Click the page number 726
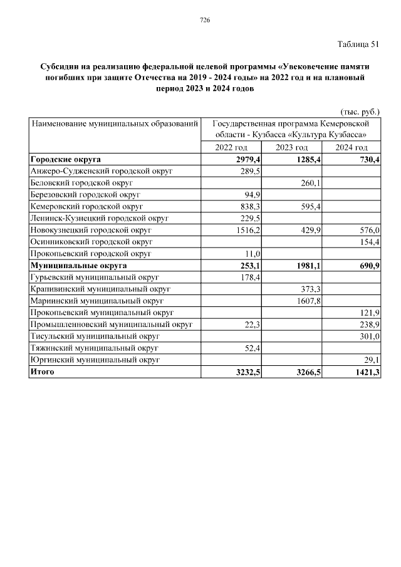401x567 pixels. pos(204,20)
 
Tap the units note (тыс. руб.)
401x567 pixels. pos(360,112)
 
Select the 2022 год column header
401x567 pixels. pos(231,147)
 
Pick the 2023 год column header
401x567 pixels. pos(291,147)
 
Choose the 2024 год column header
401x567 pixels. pos(351,147)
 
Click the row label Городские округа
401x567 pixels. pos(66,159)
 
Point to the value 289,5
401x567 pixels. pos(249,171)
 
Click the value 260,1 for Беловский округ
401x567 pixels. pos(310,183)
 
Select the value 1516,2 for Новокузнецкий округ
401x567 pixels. pos(247,231)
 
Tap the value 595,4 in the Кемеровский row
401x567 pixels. pos(310,207)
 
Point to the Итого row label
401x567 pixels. pos(42,372)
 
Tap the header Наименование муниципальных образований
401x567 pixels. pos(115,124)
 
